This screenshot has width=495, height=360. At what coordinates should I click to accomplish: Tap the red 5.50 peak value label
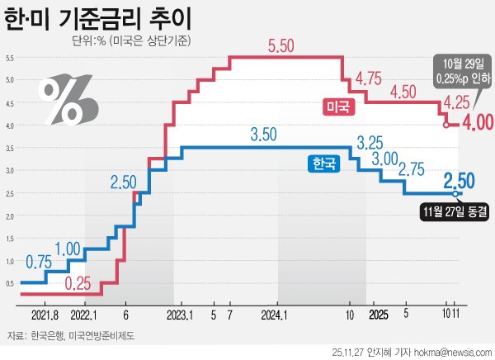281,47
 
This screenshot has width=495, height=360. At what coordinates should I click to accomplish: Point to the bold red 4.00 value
476,123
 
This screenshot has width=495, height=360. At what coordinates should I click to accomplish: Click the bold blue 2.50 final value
459,180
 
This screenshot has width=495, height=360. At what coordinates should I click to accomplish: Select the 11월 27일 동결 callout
454,210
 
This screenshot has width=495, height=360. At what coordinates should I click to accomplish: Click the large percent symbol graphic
68,97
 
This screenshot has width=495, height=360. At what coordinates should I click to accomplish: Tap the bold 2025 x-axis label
378,315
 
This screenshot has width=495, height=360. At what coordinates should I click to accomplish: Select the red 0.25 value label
78,283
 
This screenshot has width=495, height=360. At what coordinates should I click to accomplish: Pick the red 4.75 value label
367,79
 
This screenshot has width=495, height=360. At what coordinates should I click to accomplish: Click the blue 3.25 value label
372,141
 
